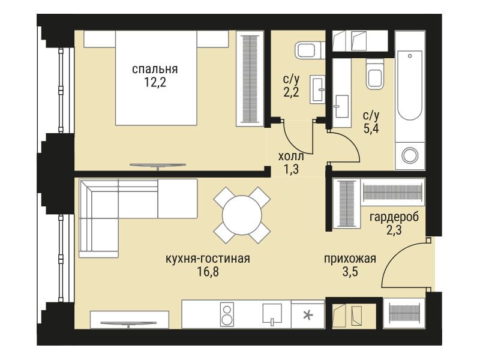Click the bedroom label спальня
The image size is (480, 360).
pos(155,70)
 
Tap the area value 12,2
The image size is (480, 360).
pos(155,83)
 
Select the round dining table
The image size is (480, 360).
pos(242,215)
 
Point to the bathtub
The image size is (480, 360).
pos(410,86)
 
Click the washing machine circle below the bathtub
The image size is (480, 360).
pos(410,155)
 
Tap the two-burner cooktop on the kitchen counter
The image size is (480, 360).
pos(227,316)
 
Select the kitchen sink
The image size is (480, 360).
pos(272,313)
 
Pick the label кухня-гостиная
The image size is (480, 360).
pos(208,259)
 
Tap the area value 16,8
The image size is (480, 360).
pos(208,272)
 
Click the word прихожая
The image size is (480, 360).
pos(350,259)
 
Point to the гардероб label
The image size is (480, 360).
pos(394,217)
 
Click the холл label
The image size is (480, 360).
pos(291,157)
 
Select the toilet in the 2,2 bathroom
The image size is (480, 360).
pos(308,50)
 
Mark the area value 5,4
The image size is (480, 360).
pos(371,128)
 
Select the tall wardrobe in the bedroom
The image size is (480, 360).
pos(250,79)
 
